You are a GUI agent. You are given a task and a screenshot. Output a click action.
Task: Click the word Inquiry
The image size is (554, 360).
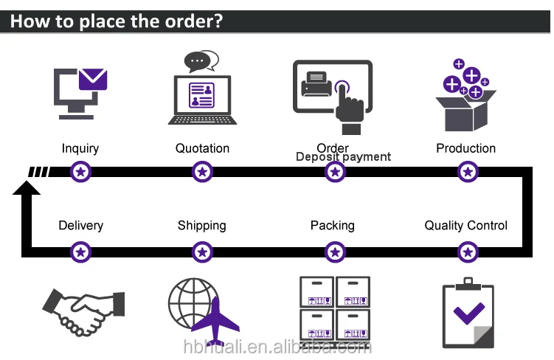point(80,149)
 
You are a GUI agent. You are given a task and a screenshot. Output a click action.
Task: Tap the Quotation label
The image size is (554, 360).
point(202,148)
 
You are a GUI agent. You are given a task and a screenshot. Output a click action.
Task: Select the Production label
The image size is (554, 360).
point(465,148)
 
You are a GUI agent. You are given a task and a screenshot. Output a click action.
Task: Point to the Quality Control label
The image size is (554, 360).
point(465,226)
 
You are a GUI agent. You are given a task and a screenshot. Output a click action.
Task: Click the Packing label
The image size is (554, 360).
point(333,226)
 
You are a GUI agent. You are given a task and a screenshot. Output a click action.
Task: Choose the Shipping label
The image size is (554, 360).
point(201,226)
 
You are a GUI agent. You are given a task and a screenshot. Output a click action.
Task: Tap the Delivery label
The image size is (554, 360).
point(81,226)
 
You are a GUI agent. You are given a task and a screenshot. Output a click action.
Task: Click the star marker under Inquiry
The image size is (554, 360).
point(80,172)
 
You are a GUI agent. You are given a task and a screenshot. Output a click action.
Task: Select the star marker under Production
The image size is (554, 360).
point(468,172)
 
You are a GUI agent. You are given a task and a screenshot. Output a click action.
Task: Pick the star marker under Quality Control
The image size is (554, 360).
point(468,252)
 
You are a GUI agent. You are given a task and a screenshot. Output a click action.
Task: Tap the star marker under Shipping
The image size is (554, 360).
point(202,252)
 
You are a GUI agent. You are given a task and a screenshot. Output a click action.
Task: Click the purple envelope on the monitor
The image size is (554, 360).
point(93,79)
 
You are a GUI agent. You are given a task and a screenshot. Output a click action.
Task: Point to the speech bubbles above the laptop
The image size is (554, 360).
point(201,61)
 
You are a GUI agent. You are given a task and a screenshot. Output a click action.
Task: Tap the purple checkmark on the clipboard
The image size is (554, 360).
point(469,313)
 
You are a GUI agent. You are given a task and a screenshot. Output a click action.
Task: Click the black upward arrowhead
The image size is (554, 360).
point(27,188)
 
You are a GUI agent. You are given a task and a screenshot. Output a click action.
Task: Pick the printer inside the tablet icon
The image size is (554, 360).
point(316,83)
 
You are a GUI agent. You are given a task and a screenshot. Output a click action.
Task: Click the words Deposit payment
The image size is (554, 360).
point(343,157)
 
